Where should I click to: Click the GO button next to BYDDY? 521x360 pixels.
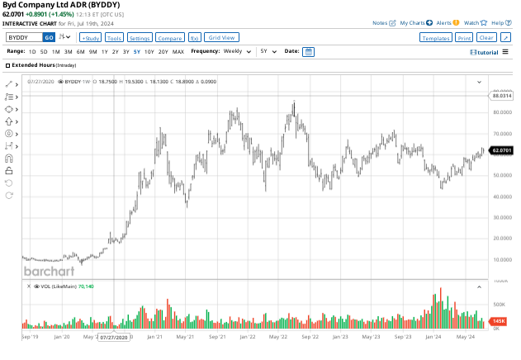tap(49, 37)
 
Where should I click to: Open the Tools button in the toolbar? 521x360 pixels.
tap(115, 38)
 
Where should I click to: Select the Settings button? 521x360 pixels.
tap(140, 38)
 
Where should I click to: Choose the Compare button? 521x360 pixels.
tap(169, 38)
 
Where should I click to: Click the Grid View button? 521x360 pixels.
tap(222, 37)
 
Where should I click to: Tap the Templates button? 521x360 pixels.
tap(435, 38)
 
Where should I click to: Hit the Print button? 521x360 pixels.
tap(464, 38)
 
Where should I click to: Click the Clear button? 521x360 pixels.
tap(486, 38)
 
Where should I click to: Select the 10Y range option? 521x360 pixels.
tap(149, 51)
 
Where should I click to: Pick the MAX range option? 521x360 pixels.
tap(178, 51)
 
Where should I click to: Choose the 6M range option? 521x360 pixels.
tap(80, 51)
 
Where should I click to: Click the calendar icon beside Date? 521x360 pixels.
tap(308, 51)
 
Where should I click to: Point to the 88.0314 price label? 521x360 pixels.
tap(502, 96)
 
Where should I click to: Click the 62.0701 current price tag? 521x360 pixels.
tap(502, 150)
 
